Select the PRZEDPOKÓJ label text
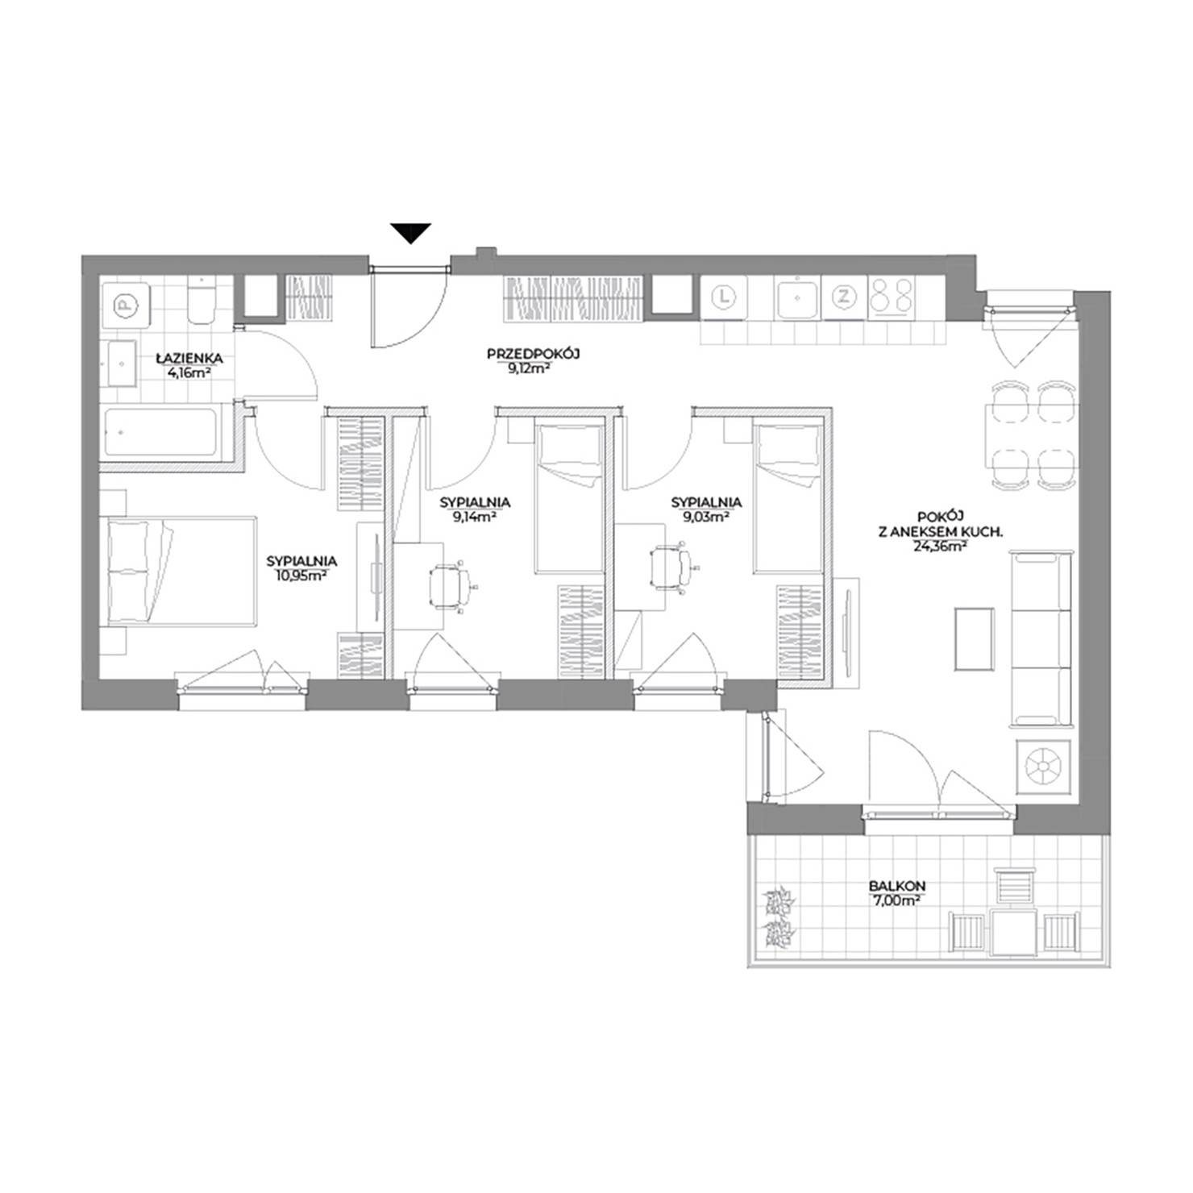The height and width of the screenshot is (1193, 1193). tap(534, 353)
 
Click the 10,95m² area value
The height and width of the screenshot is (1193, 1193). tap(301, 576)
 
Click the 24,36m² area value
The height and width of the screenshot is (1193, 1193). tap(942, 546)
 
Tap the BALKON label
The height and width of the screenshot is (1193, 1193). tap(896, 886)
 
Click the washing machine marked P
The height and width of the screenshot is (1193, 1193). tap(124, 305)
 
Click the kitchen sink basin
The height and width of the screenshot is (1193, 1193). tap(797, 298)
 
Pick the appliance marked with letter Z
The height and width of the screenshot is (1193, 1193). tap(844, 296)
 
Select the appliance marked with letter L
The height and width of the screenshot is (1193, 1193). tap(725, 297)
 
